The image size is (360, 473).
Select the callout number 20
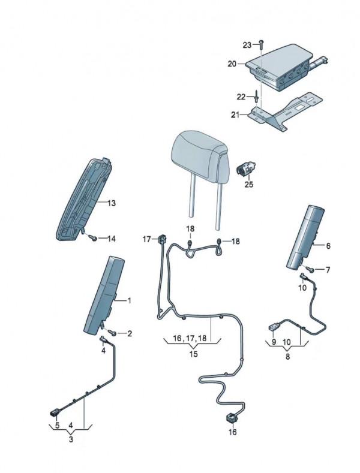pyautogui.click(x=232, y=63)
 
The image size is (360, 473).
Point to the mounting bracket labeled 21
pyautogui.click(x=282, y=111)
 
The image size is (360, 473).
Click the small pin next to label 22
pyautogui.click(x=256, y=95)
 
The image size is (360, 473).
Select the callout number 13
pyautogui.click(x=112, y=203)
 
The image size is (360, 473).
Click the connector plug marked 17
pyautogui.click(x=161, y=240)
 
